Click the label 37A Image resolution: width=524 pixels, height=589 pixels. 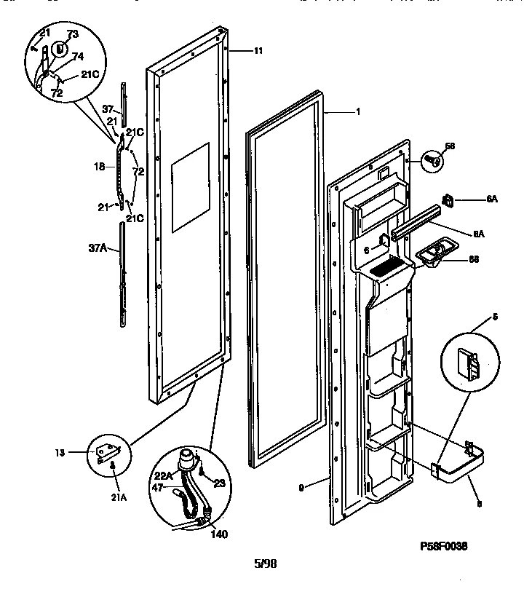point(98,249)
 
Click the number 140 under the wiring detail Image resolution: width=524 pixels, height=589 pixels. point(218,534)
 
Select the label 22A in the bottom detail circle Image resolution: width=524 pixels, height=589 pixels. point(164,476)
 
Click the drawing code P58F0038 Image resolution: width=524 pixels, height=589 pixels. point(445,545)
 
